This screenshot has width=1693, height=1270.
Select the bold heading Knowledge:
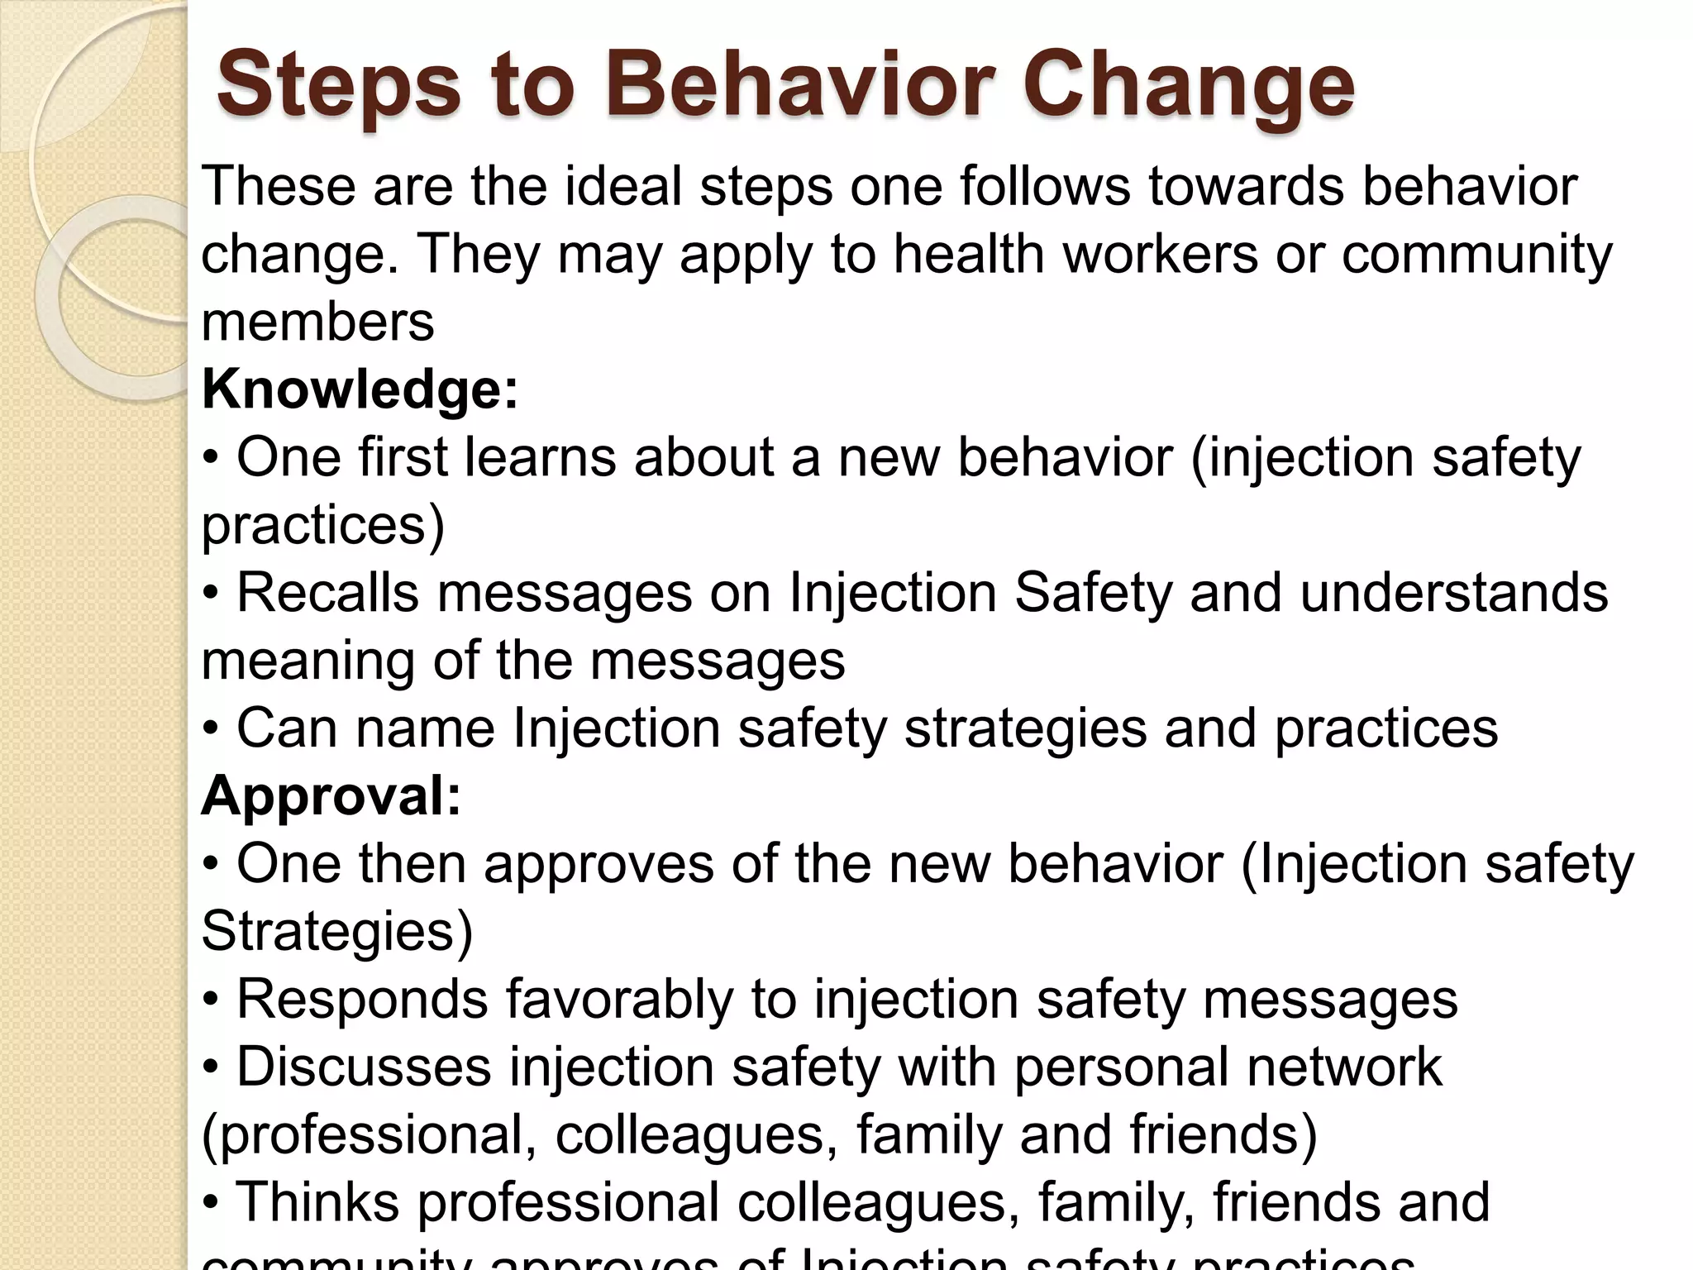click(x=360, y=389)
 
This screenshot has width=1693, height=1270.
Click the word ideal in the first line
click(x=623, y=187)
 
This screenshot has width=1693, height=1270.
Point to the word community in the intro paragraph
click(x=1476, y=255)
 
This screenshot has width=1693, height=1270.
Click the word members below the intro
click(x=317, y=322)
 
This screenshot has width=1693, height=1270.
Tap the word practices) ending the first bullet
click(x=323, y=525)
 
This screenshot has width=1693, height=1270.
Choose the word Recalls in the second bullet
click(x=328, y=593)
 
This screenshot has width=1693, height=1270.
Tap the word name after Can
click(x=425, y=728)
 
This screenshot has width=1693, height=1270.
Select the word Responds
click(x=362, y=1000)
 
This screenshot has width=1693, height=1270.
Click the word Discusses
click(x=365, y=1067)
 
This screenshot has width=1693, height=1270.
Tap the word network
click(x=1344, y=1067)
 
